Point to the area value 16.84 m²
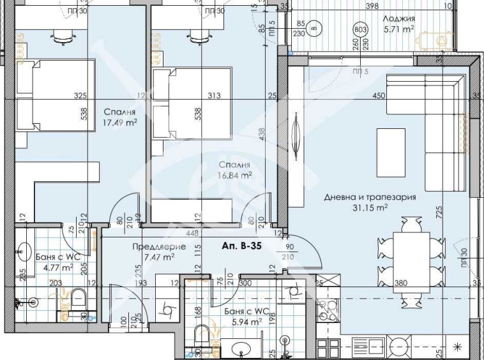(235, 173)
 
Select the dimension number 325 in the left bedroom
(80, 96)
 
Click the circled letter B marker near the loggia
(314, 28)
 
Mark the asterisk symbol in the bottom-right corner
(457, 347)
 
